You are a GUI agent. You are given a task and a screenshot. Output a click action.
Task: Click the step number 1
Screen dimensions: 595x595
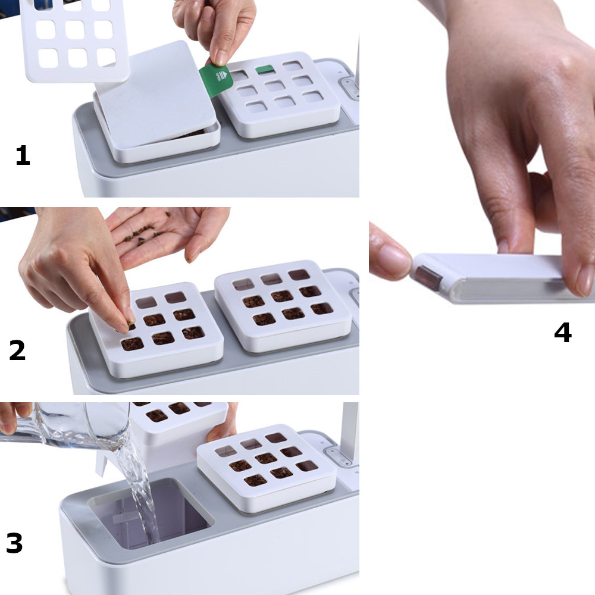[x=23, y=155]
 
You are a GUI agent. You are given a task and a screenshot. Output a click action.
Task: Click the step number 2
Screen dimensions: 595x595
[x=17, y=350]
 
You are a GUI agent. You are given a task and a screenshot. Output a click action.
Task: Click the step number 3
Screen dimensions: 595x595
[x=14, y=543]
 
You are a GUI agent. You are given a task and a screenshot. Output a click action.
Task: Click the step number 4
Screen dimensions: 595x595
[x=563, y=333]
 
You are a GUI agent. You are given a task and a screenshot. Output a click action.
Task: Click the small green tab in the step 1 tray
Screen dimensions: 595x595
[x=265, y=70]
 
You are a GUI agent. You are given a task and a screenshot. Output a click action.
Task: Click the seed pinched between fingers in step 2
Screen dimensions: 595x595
[x=131, y=325]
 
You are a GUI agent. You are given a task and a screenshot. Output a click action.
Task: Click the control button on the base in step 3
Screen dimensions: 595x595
[x=339, y=456]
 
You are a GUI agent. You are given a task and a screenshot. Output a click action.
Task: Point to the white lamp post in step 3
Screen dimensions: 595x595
[x=350, y=433]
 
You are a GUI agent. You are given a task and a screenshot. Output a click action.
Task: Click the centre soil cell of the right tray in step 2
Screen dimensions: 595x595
[x=282, y=296]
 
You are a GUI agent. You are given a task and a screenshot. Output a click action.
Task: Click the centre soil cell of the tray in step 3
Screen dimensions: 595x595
[x=265, y=458]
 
